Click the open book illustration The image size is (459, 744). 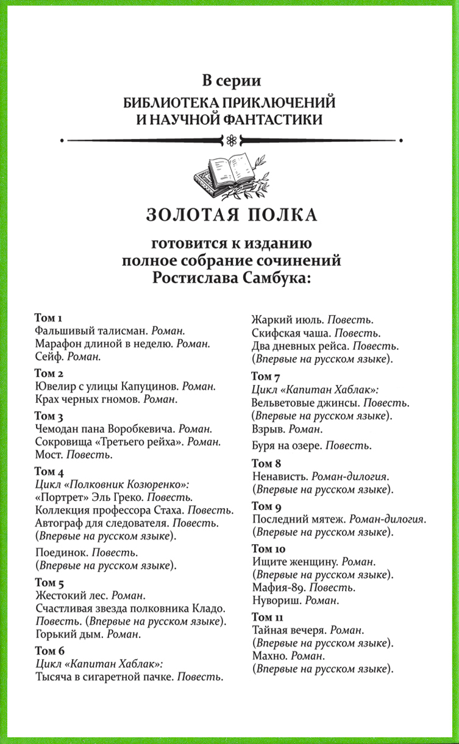[x=230, y=177]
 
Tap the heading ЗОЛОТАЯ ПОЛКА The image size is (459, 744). [x=232, y=215]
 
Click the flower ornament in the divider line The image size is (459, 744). [x=230, y=140]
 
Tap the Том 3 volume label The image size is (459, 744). [x=51, y=416]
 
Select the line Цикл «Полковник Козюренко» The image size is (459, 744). [x=113, y=485]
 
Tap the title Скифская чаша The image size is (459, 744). [x=290, y=333]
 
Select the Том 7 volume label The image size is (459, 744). [x=266, y=376]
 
